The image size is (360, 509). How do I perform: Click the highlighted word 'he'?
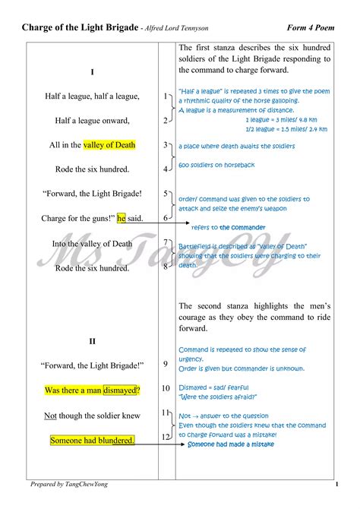(121, 219)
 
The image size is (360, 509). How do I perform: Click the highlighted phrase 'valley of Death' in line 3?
(109, 145)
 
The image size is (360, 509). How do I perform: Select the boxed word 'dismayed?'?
(122, 390)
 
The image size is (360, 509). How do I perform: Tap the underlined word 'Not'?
(50, 416)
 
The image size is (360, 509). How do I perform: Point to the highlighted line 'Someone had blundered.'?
(92, 441)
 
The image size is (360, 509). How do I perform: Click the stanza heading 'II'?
(92, 342)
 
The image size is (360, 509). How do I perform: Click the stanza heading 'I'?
(92, 72)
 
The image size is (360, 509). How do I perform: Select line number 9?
(166, 365)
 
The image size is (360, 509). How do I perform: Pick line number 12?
(165, 437)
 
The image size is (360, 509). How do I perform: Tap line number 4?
(166, 169)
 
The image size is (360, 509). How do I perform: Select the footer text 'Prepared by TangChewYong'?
(69, 484)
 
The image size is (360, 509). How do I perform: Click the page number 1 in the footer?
(336, 484)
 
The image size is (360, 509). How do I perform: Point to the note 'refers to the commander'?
(229, 228)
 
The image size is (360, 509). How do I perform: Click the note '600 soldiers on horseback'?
(217, 165)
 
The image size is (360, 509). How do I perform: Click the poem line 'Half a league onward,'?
(92, 121)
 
